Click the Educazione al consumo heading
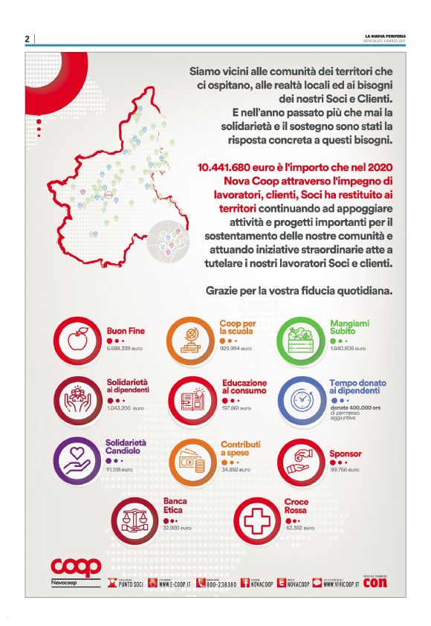point(244,387)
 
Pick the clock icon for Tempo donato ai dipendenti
point(300,399)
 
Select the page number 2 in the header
point(27,39)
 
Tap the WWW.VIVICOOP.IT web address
point(340,584)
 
